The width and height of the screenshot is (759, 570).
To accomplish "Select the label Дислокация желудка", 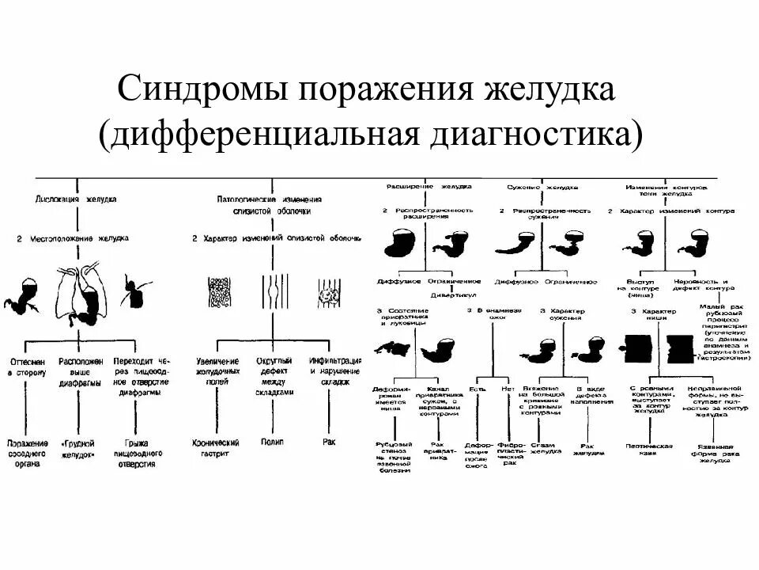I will [77, 199].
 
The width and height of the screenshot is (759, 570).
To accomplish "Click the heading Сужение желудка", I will [542, 188].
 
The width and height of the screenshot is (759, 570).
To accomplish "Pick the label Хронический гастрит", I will [217, 448].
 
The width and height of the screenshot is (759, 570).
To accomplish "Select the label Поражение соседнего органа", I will [28, 454].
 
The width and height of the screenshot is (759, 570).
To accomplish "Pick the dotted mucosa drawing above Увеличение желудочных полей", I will [218, 293].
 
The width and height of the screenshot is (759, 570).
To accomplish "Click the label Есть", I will [473, 389].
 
